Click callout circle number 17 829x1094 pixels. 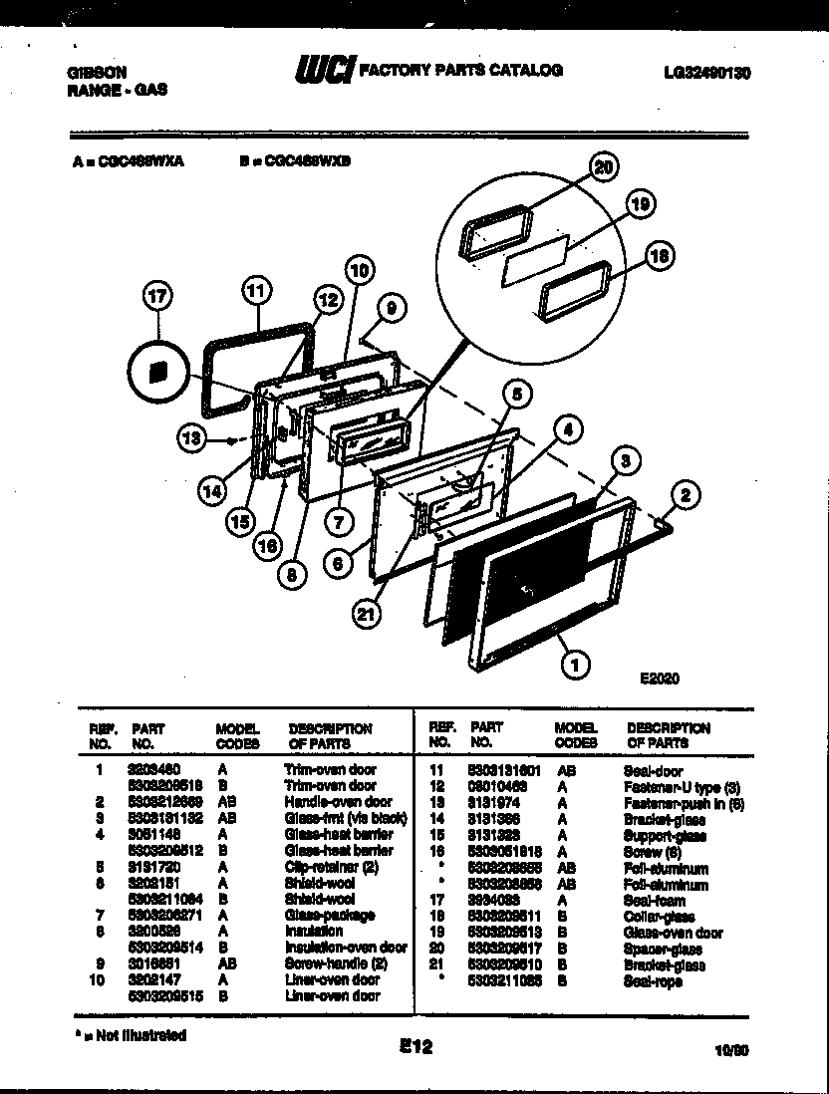(157, 296)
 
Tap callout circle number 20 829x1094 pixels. (603, 167)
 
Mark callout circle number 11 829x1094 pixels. (256, 291)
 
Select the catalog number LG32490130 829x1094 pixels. (705, 73)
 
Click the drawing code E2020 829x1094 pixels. (659, 679)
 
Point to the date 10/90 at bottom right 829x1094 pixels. (732, 1048)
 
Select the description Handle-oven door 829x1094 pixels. (338, 801)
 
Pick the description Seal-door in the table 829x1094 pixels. (653, 770)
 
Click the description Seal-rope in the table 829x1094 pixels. (653, 981)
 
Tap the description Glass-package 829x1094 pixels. (329, 915)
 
